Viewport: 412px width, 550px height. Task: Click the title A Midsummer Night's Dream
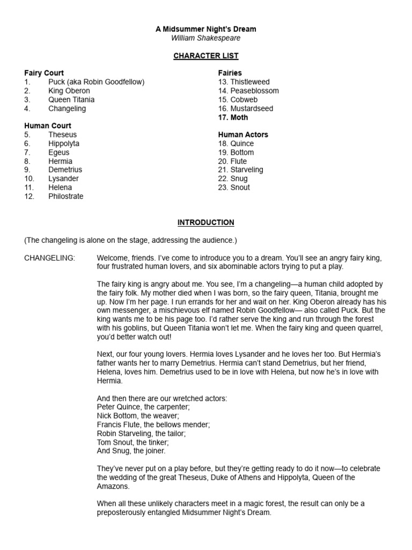coord(206,29)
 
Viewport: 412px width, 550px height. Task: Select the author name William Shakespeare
coord(206,38)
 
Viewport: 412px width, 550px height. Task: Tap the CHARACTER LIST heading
coord(206,56)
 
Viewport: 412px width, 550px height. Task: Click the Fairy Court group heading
coord(44,73)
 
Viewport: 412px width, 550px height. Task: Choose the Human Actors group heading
coord(243,135)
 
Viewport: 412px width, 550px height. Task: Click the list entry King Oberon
coord(69,91)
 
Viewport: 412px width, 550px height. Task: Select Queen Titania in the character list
coord(71,99)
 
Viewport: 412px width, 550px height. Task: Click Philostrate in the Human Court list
coord(66,196)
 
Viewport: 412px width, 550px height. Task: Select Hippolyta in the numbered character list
coord(64,143)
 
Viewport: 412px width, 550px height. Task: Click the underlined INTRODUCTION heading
coord(206,222)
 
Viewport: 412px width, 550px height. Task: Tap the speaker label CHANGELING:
coord(50,258)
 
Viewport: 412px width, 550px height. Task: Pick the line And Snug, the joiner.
coord(131,451)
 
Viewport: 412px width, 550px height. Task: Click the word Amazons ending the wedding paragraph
coord(113,486)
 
